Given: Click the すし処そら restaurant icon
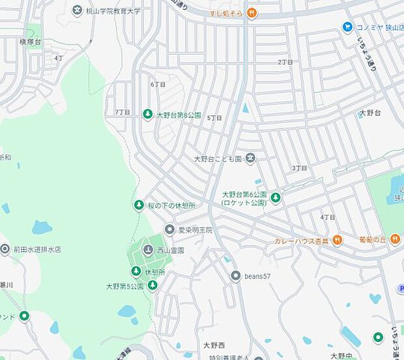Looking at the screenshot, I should [x=251, y=13].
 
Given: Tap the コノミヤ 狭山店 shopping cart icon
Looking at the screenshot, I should [x=347, y=27].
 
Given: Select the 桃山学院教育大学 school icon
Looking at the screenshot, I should [x=78, y=10].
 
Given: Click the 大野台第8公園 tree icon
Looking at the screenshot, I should [x=148, y=114].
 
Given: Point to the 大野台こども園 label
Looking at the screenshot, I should [x=218, y=158].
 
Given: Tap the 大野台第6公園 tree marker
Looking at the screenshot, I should [x=276, y=198].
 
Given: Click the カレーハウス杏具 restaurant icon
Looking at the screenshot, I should [x=337, y=241].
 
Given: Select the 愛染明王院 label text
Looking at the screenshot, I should [x=195, y=230].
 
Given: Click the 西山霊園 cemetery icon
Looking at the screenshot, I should [x=148, y=250].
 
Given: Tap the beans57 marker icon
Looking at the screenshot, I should [x=236, y=276].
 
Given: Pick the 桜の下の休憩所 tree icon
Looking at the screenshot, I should [x=138, y=206].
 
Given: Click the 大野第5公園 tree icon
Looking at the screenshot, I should [x=152, y=286].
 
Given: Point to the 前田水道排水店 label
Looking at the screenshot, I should [x=39, y=249].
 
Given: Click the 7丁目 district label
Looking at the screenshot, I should [x=123, y=112].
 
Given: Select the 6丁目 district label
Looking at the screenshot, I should [x=158, y=84].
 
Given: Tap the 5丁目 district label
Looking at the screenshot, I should [x=214, y=118].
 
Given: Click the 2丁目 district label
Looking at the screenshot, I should [x=285, y=62].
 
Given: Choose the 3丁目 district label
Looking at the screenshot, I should [x=300, y=168].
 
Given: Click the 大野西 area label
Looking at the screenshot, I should [x=214, y=345].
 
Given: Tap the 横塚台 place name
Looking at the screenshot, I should [x=30, y=41].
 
